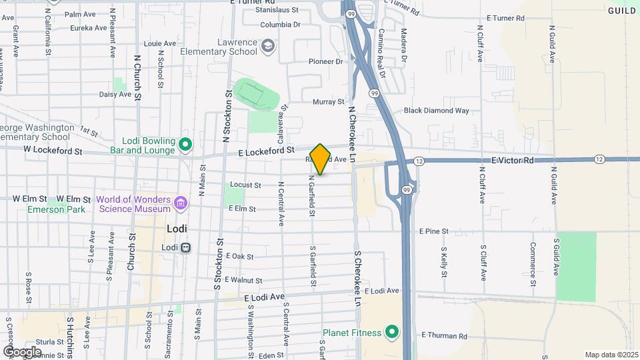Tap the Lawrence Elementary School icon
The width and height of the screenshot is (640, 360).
click(268, 46)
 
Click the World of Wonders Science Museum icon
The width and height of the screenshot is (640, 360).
click(180, 203)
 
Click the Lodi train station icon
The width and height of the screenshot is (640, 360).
click(186, 247)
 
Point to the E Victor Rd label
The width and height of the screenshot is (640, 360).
click(513, 161)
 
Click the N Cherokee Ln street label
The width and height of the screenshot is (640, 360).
click(353, 127)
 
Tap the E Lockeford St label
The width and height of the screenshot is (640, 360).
click(266, 153)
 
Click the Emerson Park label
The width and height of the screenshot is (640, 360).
click(57, 209)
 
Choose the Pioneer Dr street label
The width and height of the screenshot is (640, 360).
click(325, 61)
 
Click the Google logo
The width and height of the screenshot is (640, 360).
click(21, 351)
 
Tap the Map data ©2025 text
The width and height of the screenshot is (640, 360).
click(610, 355)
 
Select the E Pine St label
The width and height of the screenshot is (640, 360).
click(434, 231)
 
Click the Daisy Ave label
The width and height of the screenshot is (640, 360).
click(115, 95)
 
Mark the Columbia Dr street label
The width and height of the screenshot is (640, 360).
click(281, 25)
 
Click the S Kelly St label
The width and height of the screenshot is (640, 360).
click(444, 263)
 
